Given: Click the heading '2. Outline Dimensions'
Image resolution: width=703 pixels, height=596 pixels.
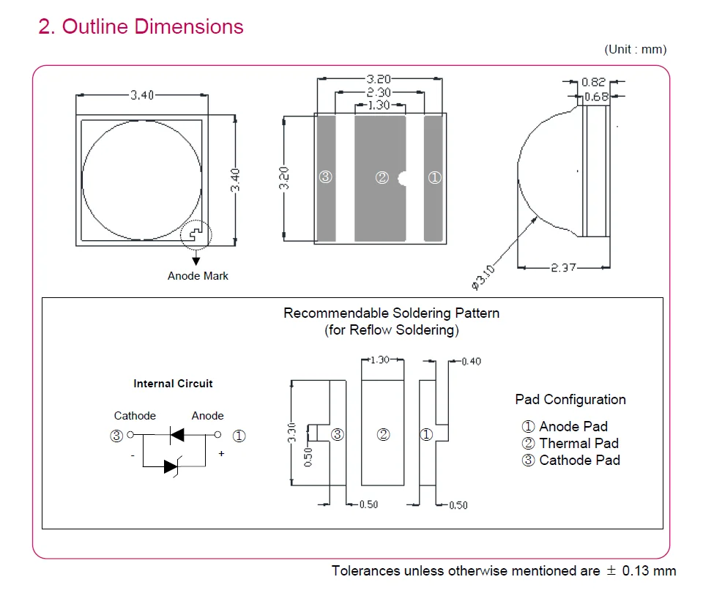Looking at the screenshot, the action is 141,26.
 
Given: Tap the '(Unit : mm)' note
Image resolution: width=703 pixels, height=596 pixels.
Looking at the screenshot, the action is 636,49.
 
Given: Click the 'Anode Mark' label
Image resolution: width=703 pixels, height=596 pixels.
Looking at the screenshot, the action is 198,275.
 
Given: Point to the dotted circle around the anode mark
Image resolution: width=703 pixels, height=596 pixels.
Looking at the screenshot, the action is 196,220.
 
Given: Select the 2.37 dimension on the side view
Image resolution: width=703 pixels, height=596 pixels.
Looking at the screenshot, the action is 563,267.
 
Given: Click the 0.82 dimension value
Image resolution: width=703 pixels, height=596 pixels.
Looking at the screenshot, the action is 593,82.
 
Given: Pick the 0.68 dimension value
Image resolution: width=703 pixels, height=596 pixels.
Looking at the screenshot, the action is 596,97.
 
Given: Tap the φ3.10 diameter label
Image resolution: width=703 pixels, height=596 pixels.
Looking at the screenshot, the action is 483,277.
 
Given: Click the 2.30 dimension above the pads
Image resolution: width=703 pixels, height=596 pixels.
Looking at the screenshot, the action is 379,92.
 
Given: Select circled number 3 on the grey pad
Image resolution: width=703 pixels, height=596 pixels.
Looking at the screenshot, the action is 325,177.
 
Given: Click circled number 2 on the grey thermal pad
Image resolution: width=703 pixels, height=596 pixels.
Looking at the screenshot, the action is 382,178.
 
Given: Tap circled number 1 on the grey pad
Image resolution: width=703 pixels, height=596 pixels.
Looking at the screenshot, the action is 434,178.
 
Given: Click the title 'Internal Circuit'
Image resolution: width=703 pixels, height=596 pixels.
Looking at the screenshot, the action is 173,384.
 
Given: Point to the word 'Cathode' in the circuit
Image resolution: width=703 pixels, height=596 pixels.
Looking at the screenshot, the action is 135,416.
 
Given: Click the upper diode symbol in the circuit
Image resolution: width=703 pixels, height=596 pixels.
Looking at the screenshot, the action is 176,435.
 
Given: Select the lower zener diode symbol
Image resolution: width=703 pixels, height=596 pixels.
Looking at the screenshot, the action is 171,466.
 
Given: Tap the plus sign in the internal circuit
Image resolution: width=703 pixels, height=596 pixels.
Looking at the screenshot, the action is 221,453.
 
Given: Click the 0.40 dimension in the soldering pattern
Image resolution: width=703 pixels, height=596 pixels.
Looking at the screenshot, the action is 471,361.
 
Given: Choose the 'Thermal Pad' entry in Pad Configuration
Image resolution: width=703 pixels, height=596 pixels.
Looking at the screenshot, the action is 579,443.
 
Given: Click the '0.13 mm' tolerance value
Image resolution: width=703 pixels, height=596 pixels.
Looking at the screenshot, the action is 649,571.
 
